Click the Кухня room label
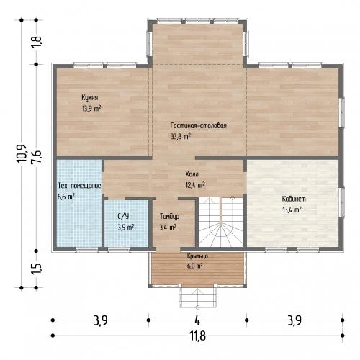[90, 98]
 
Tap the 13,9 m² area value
[91, 109]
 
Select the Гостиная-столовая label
[199, 125]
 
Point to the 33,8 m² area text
[181, 137]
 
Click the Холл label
[192, 174]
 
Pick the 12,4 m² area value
[195, 185]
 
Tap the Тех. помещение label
[79, 186]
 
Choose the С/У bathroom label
[123, 216]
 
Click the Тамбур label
[169, 216]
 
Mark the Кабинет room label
[294, 199]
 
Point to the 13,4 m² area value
[292, 210]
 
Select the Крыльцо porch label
[197, 256]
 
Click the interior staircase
[221, 222]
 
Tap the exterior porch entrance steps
[197, 297]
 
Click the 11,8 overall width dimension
[198, 336]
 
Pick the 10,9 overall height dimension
[22, 154]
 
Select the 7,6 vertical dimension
[37, 157]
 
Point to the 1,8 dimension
[37, 42]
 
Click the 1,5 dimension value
[37, 269]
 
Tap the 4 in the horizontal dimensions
[197, 320]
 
